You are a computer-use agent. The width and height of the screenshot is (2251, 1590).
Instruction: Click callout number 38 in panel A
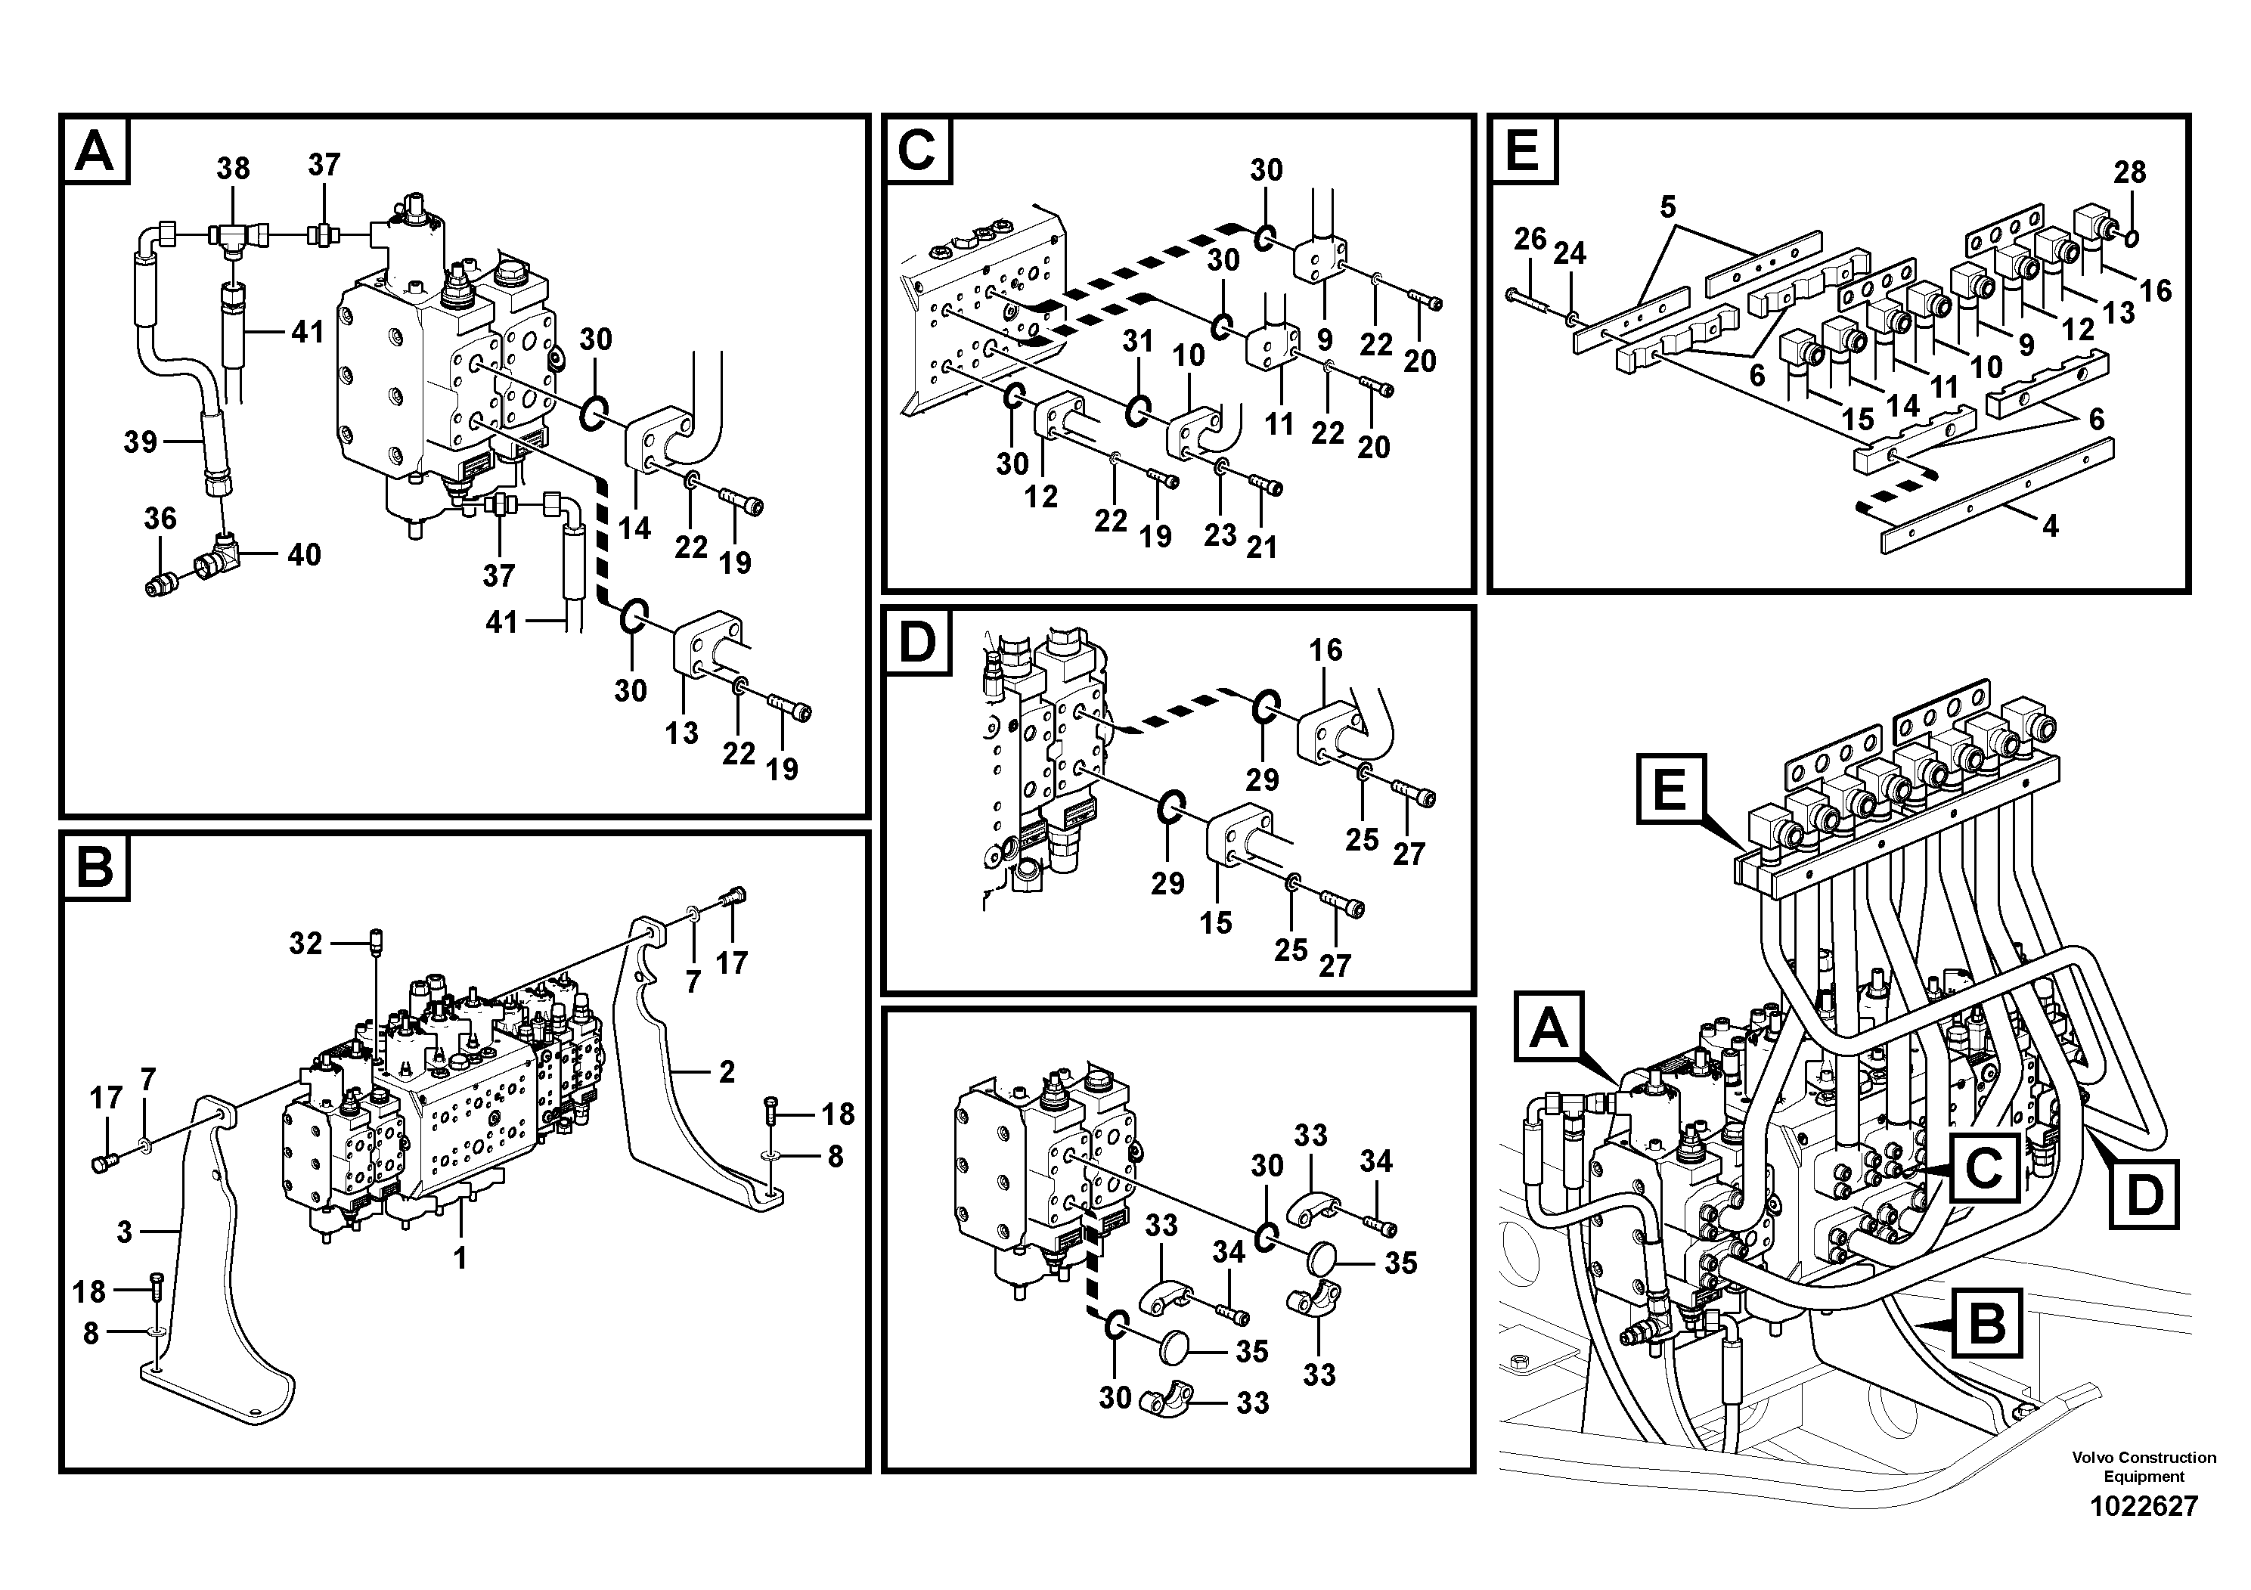(234, 169)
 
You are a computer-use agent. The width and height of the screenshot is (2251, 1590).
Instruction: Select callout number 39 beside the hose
(140, 442)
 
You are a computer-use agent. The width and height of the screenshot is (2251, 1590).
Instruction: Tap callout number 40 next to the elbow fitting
(304, 555)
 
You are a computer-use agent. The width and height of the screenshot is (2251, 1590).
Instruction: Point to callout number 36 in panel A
(160, 519)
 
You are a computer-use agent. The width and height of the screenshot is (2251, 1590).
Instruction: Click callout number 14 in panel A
(634, 528)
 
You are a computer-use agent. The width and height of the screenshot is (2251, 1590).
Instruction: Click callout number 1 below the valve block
(460, 1257)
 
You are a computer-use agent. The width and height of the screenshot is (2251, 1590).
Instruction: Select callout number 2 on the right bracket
(727, 1072)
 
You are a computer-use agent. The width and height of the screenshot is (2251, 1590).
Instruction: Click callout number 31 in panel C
(1137, 341)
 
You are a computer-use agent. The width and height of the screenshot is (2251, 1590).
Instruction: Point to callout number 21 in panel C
(1262, 547)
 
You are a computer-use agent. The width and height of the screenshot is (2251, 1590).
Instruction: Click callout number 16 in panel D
(1325, 650)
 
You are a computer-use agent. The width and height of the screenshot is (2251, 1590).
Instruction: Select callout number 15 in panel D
(1216, 922)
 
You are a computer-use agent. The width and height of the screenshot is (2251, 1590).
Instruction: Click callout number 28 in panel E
(2129, 172)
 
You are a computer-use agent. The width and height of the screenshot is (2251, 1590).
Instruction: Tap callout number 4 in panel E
(2049, 526)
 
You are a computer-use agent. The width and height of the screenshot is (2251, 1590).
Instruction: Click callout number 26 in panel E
(1530, 238)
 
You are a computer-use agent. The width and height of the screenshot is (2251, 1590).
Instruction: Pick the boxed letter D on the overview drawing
(2144, 1194)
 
